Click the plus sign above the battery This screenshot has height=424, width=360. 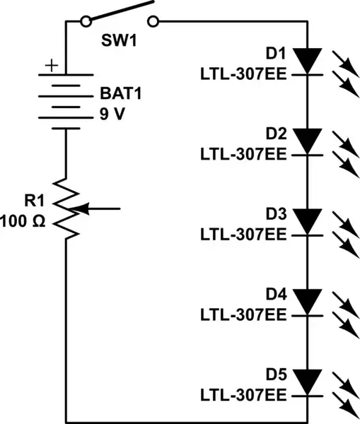coord(51,66)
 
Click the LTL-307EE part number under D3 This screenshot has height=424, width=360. coord(244,233)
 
